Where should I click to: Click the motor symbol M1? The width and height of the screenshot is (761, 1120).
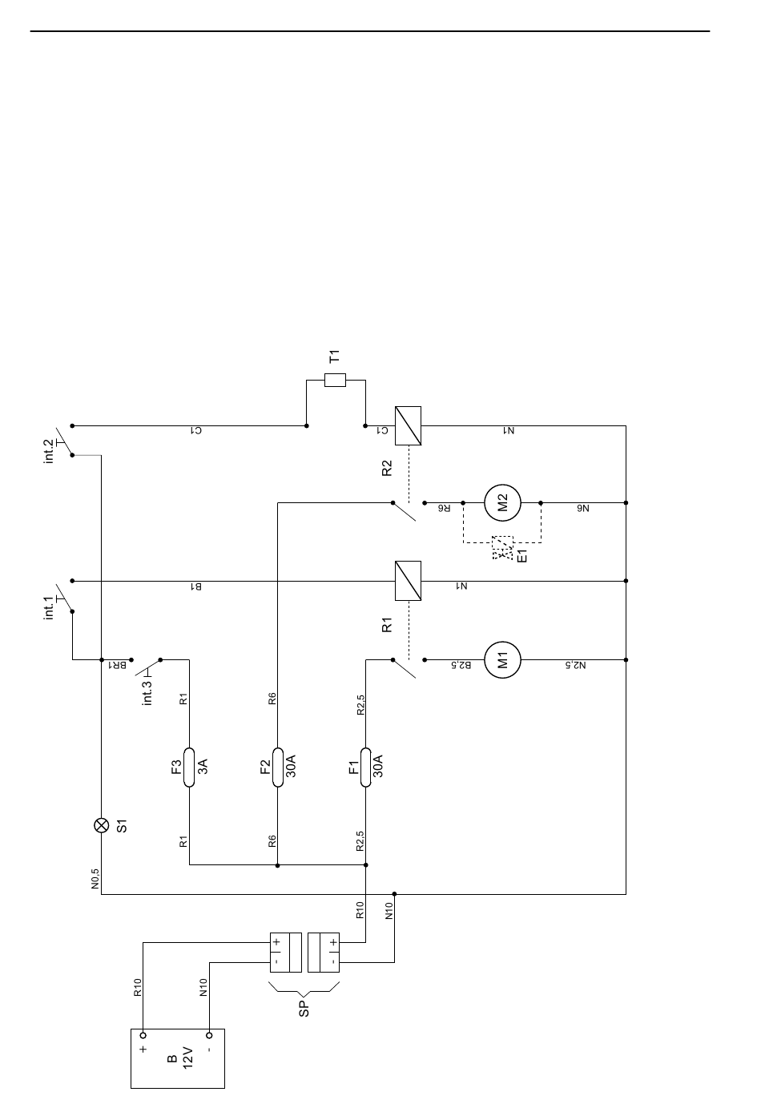502,660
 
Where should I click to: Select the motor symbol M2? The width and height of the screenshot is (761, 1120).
502,502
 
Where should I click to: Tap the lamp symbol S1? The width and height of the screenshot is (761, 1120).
102,825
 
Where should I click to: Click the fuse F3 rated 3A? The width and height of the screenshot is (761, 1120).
189,767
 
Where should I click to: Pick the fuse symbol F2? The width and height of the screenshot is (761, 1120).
277,767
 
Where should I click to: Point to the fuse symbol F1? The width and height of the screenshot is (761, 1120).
365,767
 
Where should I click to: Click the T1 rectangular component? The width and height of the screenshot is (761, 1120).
335,380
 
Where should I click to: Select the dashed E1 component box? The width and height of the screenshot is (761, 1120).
502,547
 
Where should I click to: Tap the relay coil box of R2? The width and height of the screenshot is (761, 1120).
408,425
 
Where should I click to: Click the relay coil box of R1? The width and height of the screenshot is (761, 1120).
408,581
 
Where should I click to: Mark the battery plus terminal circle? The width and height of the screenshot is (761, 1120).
143,1035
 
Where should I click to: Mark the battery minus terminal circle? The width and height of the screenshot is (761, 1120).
209,1035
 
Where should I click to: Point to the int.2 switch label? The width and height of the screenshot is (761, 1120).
49,452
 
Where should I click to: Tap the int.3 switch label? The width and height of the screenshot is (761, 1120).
147,692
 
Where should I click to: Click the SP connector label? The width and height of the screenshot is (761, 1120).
304,1009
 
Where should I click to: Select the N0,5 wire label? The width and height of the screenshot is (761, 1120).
95,879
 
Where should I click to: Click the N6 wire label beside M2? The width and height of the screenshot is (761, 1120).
583,508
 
